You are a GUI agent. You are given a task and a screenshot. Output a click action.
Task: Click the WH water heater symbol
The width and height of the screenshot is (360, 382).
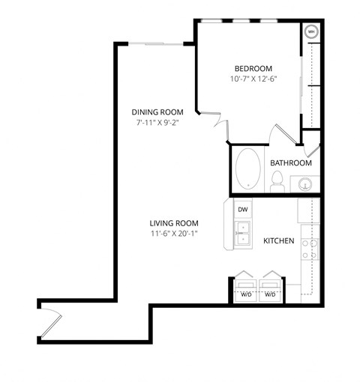(311, 32)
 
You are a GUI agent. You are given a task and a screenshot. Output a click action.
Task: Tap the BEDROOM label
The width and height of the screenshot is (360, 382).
(253, 68)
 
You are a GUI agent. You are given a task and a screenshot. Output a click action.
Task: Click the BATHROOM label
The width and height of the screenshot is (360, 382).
(291, 163)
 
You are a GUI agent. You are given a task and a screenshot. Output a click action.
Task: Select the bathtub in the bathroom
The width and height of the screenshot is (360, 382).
(248, 169)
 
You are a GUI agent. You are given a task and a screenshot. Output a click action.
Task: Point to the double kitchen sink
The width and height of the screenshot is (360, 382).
(242, 238)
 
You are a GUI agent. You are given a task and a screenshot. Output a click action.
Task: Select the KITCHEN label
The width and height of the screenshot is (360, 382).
(278, 241)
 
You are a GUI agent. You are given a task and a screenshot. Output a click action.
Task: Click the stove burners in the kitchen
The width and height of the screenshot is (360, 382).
(310, 246)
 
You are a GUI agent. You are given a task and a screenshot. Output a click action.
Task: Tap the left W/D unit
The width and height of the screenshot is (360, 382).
(245, 288)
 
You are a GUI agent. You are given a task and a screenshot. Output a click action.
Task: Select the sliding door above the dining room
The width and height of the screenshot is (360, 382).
(156, 44)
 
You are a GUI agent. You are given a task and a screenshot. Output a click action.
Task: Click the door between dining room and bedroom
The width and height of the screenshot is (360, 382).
(213, 121)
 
